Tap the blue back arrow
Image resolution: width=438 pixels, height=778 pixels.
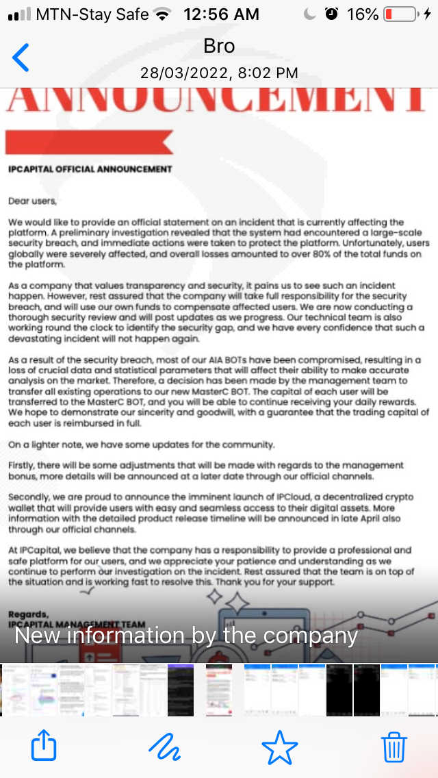point(21,58)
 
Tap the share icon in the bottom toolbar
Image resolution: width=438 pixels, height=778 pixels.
point(44,745)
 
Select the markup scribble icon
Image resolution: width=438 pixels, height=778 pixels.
point(164,745)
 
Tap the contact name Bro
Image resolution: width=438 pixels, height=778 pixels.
point(219,46)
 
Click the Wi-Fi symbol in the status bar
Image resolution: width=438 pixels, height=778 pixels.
point(162,14)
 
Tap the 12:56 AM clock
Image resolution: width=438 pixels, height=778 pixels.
point(221,14)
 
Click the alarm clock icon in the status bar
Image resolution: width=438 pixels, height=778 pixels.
point(332,14)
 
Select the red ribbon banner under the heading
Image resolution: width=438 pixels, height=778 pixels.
point(89,142)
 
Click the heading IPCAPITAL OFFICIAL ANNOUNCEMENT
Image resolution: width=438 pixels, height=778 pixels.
point(90,169)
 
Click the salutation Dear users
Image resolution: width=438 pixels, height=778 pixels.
point(33,201)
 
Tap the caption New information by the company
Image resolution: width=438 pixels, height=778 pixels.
point(186,636)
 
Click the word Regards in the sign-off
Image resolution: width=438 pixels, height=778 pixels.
point(29,614)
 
